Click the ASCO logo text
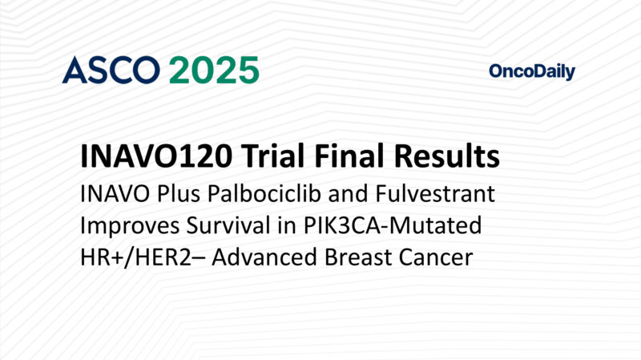point(111,71)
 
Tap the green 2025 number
point(213,71)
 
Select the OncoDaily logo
point(531,72)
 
